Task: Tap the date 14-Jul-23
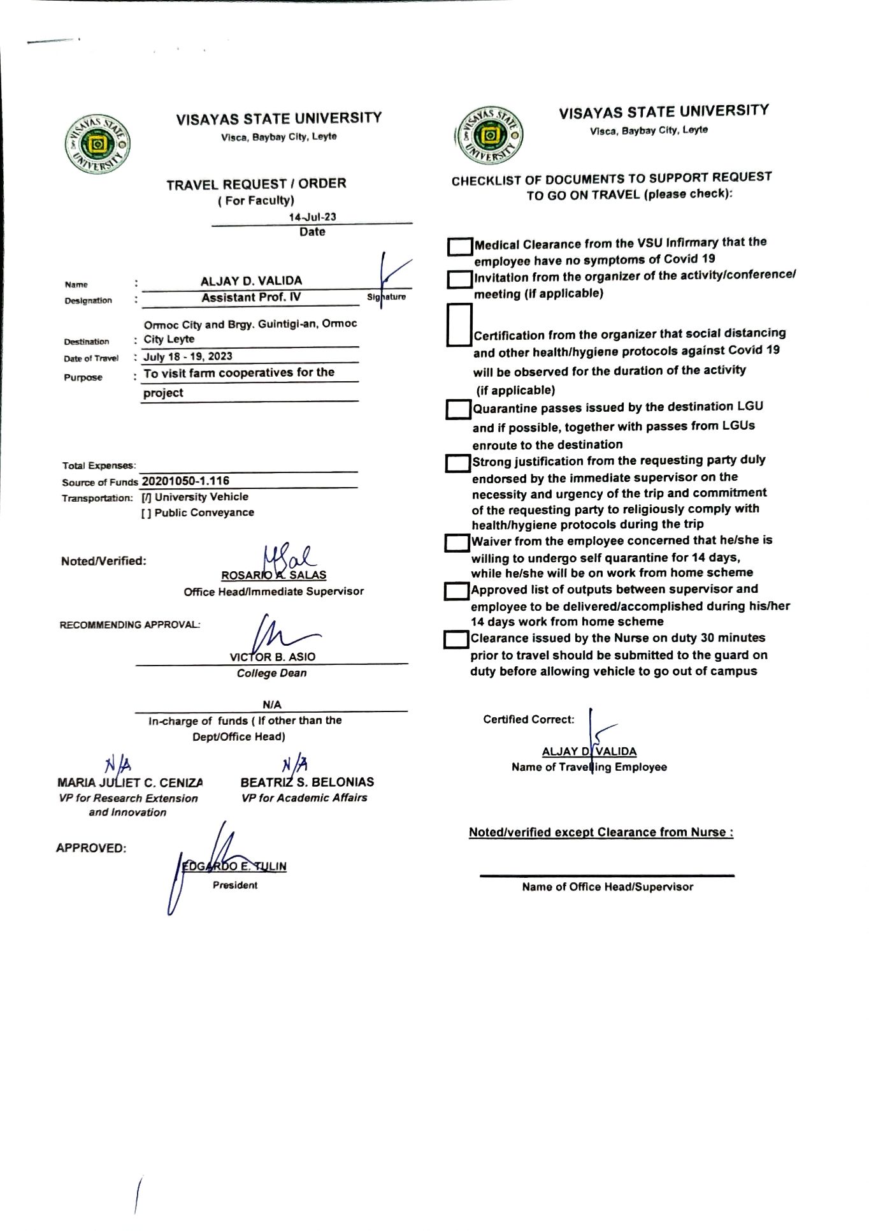(x=312, y=217)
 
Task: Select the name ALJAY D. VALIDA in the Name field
(x=251, y=280)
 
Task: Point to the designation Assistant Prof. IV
(x=251, y=297)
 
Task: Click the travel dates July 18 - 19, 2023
(x=188, y=356)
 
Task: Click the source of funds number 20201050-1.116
(x=185, y=481)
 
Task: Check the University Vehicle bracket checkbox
(x=147, y=497)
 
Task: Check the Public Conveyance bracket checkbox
(x=147, y=513)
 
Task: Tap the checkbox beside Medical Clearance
(x=459, y=247)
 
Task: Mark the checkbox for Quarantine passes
(x=457, y=409)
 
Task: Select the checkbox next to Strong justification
(x=457, y=463)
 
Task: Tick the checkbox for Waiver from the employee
(x=456, y=543)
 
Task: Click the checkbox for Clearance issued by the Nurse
(x=456, y=639)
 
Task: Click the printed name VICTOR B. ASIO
(x=273, y=657)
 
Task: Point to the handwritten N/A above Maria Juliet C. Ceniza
(x=118, y=763)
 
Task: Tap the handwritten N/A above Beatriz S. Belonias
(x=295, y=763)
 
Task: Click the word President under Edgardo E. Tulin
(x=235, y=885)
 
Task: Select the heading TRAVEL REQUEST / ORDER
(x=256, y=184)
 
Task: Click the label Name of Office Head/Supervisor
(x=607, y=887)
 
